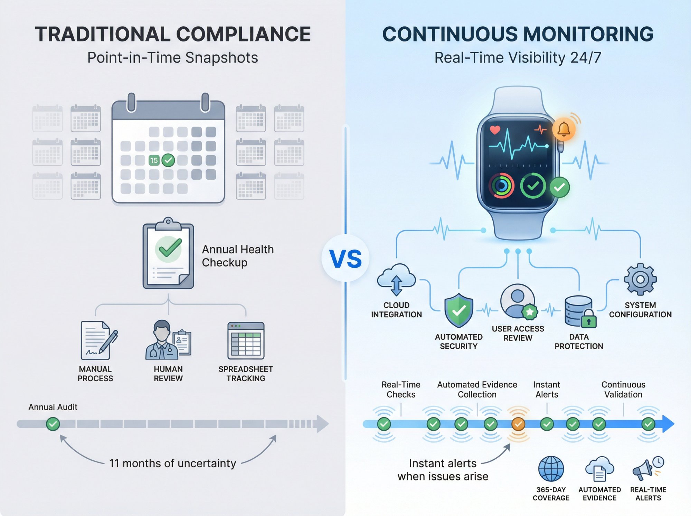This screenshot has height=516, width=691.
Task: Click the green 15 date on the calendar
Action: [x=154, y=160]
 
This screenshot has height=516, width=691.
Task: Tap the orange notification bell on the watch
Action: [x=564, y=129]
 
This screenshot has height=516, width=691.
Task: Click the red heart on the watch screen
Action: [x=495, y=130]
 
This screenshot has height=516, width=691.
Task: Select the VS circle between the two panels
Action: [x=345, y=258]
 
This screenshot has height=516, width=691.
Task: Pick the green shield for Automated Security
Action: [x=458, y=310]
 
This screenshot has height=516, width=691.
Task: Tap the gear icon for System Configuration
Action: [x=640, y=279]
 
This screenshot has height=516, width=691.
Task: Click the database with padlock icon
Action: [x=580, y=312]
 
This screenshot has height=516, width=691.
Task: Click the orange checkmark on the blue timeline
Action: [x=518, y=424]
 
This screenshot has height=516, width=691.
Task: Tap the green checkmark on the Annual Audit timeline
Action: [x=53, y=424]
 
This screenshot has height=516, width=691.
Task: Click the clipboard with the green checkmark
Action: [x=168, y=254]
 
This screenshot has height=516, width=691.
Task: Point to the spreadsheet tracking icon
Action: [x=246, y=341]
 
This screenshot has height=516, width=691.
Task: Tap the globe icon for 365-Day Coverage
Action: [x=551, y=469]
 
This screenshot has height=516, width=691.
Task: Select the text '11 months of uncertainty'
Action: [x=172, y=463]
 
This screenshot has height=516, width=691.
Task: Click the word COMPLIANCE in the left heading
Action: [x=243, y=34]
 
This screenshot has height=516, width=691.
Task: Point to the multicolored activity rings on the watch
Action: [x=501, y=186]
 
